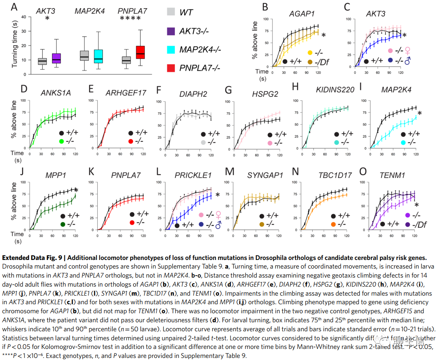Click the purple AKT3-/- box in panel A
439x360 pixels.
pyautogui.click(x=56, y=58)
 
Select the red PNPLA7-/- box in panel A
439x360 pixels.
pyautogui.click(x=140, y=52)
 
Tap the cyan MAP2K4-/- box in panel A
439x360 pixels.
pyautogui.click(x=98, y=55)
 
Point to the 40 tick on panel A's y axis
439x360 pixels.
pyautogui.click(x=28, y=17)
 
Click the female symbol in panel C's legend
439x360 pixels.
pyautogui.click(x=407, y=52)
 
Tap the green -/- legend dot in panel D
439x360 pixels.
pyautogui.click(x=62, y=141)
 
